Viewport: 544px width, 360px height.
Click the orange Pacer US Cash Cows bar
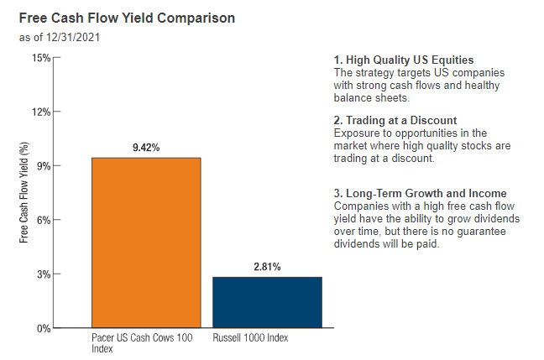[x=146, y=243]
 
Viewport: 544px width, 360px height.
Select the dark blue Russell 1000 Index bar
[x=267, y=302]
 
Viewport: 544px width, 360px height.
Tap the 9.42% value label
[x=145, y=148]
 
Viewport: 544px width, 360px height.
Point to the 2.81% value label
[x=267, y=267]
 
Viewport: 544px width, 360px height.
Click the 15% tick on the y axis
[x=41, y=58]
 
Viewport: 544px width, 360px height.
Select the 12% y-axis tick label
[x=41, y=112]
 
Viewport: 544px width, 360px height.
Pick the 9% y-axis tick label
[x=44, y=166]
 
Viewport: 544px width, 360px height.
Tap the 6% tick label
[x=44, y=220]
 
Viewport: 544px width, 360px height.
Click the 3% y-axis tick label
[x=44, y=274]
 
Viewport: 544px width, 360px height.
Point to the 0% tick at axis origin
[x=44, y=328]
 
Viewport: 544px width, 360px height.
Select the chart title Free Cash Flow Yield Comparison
[x=127, y=18]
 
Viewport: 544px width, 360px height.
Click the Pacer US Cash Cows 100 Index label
[x=142, y=343]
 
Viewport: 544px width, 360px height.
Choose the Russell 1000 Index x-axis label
[x=250, y=338]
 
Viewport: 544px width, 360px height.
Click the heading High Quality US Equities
[x=404, y=60]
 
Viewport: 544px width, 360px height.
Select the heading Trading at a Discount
[x=395, y=121]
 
